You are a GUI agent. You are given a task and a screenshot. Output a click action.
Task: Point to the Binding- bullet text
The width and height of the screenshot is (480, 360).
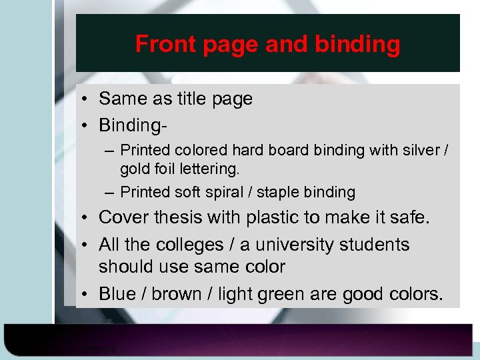tap(133, 125)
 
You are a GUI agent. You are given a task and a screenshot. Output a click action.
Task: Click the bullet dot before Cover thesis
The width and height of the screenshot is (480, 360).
tap(87, 218)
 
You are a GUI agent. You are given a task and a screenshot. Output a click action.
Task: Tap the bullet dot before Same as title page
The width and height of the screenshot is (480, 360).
tap(87, 99)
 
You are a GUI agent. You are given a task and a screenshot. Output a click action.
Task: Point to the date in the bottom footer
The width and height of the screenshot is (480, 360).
tap(98, 349)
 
